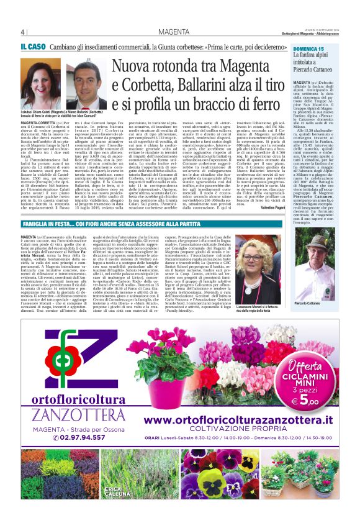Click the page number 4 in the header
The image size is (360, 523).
(x=23, y=32)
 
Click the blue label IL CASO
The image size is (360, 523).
(x=32, y=47)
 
